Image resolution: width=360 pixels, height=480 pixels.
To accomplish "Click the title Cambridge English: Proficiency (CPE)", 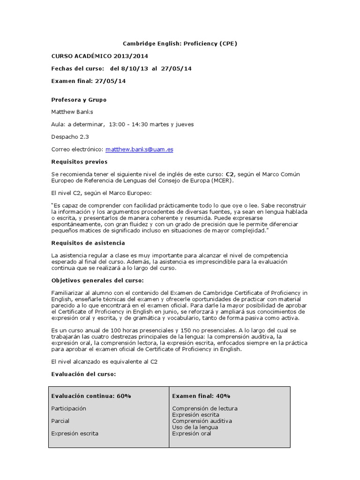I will [180, 44].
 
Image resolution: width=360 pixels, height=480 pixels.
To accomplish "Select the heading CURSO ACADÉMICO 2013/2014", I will [90, 56].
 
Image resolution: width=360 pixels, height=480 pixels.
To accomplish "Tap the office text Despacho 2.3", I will [70, 137].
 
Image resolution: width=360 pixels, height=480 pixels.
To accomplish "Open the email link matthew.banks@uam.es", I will [139, 150].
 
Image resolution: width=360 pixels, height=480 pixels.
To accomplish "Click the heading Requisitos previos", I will [79, 162].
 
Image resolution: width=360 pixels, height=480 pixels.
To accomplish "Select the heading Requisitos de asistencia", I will [88, 243].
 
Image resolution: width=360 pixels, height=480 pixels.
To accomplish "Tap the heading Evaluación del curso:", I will [83, 375].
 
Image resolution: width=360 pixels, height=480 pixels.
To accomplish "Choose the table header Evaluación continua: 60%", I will [91, 396].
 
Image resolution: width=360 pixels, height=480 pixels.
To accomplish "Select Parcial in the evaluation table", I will [60, 421].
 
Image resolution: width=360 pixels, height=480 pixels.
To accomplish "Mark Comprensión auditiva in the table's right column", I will [202, 421].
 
